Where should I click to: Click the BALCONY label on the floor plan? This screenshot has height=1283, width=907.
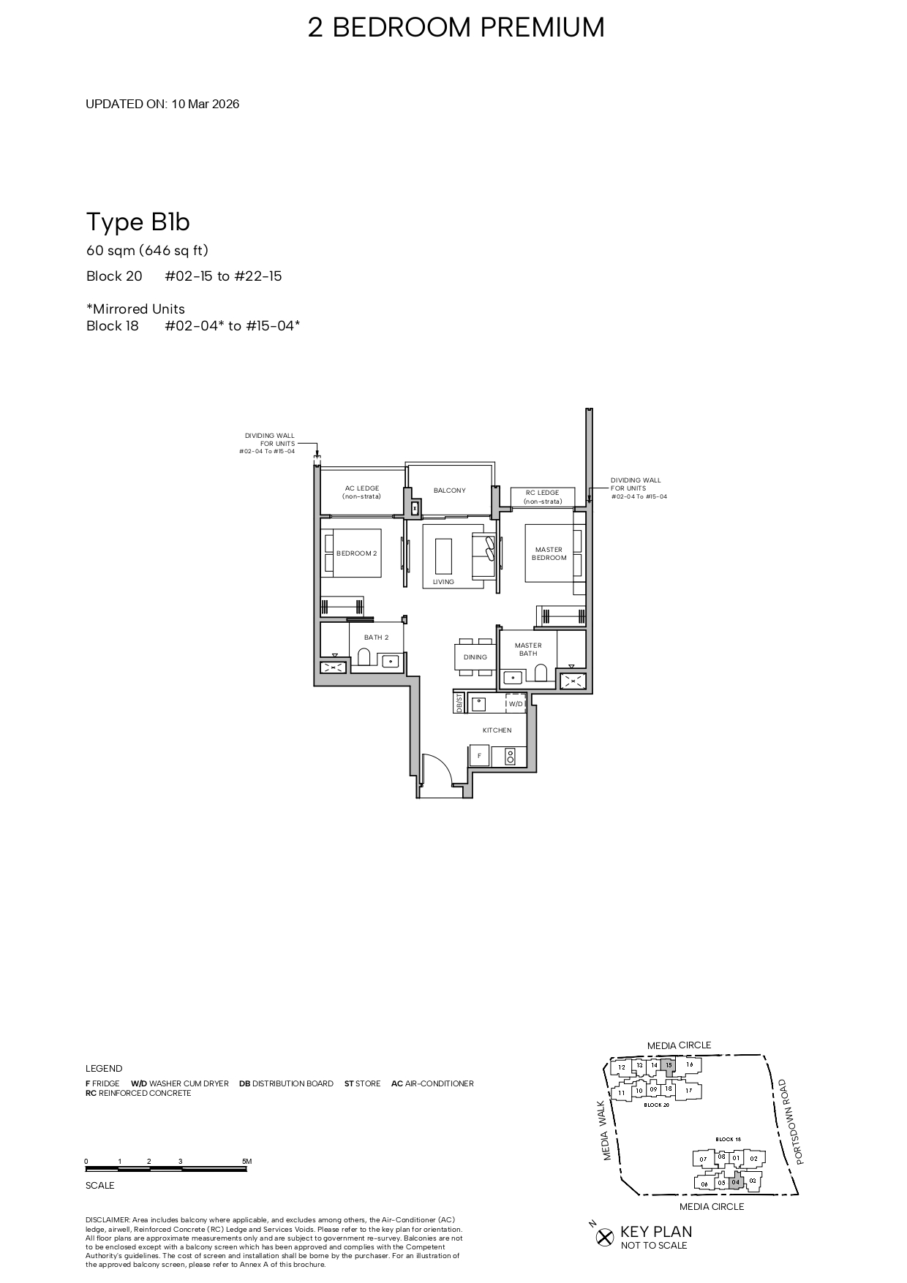point(449,491)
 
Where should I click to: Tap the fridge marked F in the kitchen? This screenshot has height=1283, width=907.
point(480,756)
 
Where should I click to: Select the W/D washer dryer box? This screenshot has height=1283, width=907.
point(516,703)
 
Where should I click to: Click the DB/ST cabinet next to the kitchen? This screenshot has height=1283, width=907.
point(459,703)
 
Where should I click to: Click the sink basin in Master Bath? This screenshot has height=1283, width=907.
point(512,677)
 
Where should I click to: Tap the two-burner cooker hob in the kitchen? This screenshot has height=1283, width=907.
point(510,757)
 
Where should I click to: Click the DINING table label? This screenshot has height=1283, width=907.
point(475,656)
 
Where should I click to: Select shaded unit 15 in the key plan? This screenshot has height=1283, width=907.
point(668,1065)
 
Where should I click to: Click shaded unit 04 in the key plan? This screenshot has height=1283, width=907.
point(736,1182)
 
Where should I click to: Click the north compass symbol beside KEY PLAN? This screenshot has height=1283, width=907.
point(603,1237)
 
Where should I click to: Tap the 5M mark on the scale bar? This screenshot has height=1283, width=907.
point(246,1162)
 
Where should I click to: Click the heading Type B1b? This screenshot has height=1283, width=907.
point(138,222)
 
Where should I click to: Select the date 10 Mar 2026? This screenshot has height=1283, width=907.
point(206,104)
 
